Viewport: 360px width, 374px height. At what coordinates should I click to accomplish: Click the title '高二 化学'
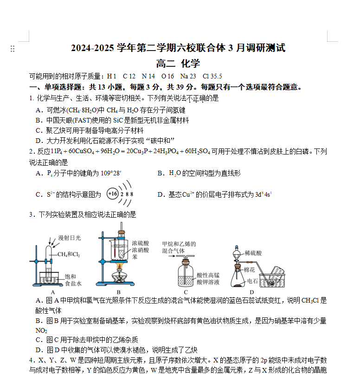(x=178, y=64)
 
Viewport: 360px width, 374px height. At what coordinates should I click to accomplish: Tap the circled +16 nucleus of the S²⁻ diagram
(x=113, y=194)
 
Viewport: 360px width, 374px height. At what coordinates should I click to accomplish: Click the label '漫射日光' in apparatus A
(x=69, y=238)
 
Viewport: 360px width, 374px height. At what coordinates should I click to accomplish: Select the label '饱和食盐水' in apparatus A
(x=73, y=280)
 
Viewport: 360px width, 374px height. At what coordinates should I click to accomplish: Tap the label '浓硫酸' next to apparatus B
(x=141, y=243)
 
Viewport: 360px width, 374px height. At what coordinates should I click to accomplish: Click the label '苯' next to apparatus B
(x=135, y=256)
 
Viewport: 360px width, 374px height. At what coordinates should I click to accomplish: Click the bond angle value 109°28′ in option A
(x=111, y=174)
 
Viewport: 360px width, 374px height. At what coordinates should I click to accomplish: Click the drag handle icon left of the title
(x=13, y=49)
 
